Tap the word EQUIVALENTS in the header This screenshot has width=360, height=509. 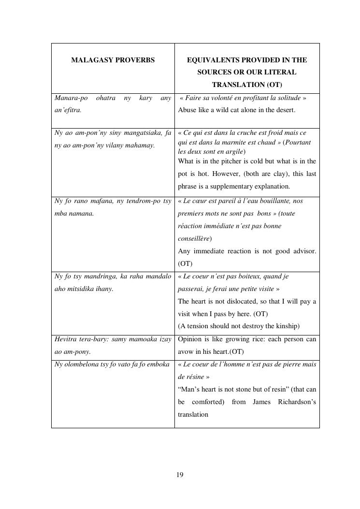[210, 60]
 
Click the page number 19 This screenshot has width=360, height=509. [180, 475]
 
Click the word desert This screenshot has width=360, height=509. [284, 110]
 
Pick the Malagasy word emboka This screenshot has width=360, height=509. [159, 364]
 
